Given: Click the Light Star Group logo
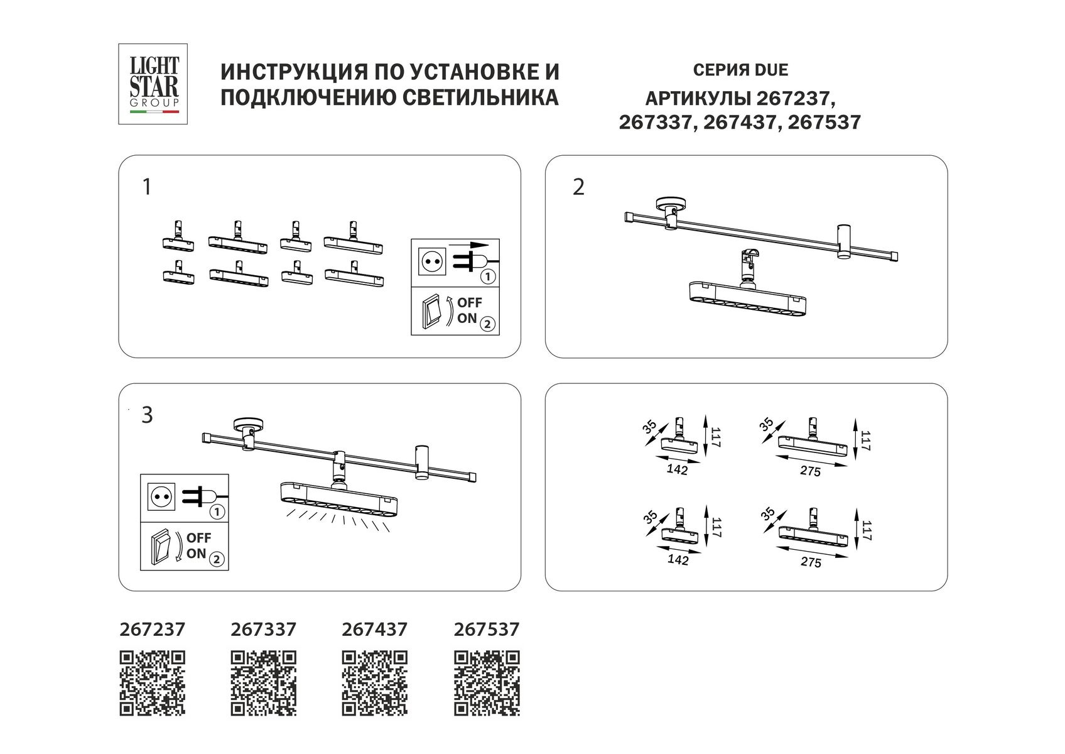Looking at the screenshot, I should (x=153, y=84).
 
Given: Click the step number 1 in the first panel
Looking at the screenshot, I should (x=147, y=187).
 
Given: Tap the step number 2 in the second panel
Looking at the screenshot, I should (x=578, y=187).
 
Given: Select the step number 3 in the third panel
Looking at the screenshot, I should (x=147, y=415).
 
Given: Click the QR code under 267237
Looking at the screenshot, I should (x=153, y=684).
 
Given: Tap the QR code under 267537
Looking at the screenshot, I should (x=487, y=684).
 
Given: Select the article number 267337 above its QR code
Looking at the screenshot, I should (x=264, y=630).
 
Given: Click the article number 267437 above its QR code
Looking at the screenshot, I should (x=375, y=630).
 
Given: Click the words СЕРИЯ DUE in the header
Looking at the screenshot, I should (x=740, y=70).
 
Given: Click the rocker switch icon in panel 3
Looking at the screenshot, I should (x=160, y=545).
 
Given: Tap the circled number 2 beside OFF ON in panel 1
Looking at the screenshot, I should (x=488, y=324).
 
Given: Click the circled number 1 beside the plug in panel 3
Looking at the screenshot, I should (x=217, y=512).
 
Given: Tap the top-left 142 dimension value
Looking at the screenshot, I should (x=678, y=469).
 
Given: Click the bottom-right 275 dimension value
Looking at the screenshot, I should (x=811, y=563).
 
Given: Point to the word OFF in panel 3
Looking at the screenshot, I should (x=199, y=538).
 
